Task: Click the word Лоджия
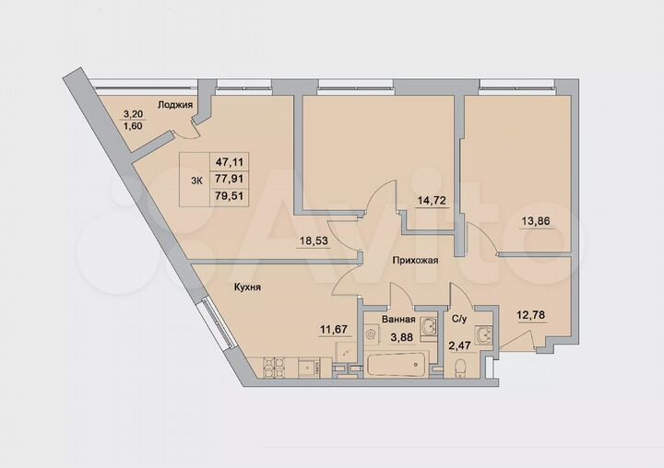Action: tap(174, 105)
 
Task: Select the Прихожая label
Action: tap(414, 261)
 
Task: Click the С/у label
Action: tap(458, 320)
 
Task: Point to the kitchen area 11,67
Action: tap(334, 325)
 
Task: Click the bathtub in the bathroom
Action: tap(394, 364)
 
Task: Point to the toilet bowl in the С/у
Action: tap(461, 367)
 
